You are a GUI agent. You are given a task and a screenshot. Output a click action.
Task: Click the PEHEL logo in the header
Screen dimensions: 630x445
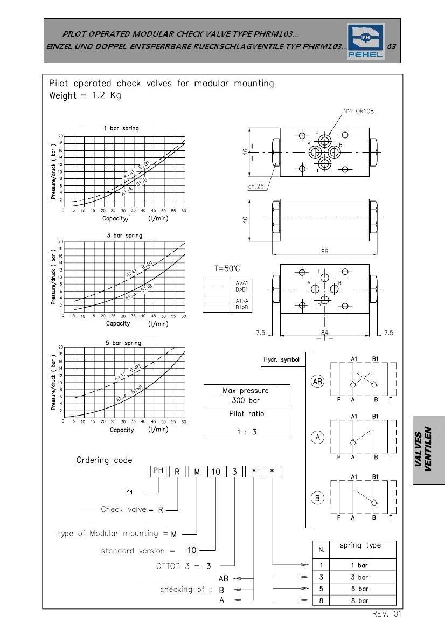[365, 40]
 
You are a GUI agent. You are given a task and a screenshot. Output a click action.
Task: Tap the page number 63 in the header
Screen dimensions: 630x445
[392, 46]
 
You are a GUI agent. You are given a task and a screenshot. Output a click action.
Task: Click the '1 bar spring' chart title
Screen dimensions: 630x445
[121, 128]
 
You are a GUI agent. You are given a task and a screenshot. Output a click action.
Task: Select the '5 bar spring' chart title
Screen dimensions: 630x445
[123, 343]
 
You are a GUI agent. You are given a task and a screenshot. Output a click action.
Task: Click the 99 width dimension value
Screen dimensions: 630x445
[324, 251]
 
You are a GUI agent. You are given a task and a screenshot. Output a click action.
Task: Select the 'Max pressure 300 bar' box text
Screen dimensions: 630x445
[247, 396]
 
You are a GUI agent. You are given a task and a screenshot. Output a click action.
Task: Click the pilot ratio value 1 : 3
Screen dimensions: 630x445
[247, 431]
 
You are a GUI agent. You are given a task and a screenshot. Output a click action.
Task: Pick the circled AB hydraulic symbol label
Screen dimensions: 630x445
[317, 382]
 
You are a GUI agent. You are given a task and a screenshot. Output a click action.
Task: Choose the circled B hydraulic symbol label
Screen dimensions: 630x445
[317, 498]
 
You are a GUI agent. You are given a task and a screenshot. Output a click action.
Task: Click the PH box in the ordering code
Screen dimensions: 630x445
[158, 470]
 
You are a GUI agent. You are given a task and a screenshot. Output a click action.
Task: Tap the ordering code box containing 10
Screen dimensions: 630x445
[215, 472]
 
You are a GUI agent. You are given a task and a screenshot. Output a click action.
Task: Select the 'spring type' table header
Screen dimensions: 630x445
[360, 545]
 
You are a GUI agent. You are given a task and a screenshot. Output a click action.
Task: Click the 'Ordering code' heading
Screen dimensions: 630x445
[104, 460]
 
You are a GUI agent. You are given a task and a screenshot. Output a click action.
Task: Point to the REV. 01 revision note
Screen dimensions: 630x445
[387, 613]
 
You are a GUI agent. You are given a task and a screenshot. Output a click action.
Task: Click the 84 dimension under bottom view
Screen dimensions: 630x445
[324, 333]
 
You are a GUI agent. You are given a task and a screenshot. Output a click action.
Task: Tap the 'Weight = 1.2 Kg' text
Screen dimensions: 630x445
[85, 96]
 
